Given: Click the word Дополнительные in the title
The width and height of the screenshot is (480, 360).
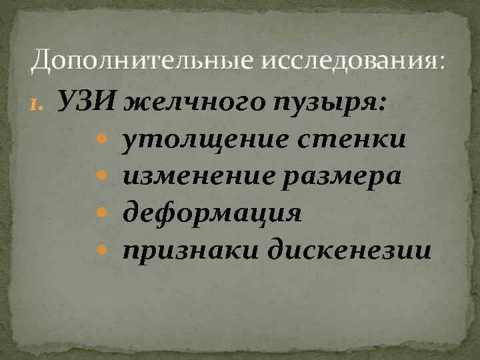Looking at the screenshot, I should tap(142, 62).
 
